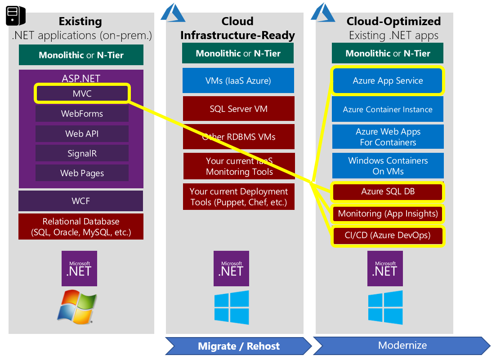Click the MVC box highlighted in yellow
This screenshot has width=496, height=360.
point(82,94)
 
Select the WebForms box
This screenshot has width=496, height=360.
point(82,114)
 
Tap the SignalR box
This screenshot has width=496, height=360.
point(82,153)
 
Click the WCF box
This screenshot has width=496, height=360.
point(81,201)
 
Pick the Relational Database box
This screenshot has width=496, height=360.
point(81,227)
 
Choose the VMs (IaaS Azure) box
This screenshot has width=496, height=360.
point(238,81)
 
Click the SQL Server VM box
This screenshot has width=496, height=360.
point(238,109)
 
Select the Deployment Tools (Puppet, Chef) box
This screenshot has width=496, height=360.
point(238,197)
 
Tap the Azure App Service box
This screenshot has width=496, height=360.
point(388,81)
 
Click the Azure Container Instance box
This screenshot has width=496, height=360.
point(388,109)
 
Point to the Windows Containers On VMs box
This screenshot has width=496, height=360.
point(388,166)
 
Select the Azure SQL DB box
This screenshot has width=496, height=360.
point(388,191)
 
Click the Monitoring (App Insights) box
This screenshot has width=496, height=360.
point(388,213)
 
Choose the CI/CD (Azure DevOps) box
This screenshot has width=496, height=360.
point(388,235)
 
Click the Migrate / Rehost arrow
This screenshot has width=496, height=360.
point(238,346)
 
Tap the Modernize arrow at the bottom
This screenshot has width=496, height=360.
point(402,346)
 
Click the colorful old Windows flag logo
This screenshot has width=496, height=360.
point(77,307)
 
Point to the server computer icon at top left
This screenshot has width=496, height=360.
point(15,15)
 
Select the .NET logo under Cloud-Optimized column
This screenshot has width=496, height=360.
point(385,269)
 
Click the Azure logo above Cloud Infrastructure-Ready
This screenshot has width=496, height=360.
point(173,13)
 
